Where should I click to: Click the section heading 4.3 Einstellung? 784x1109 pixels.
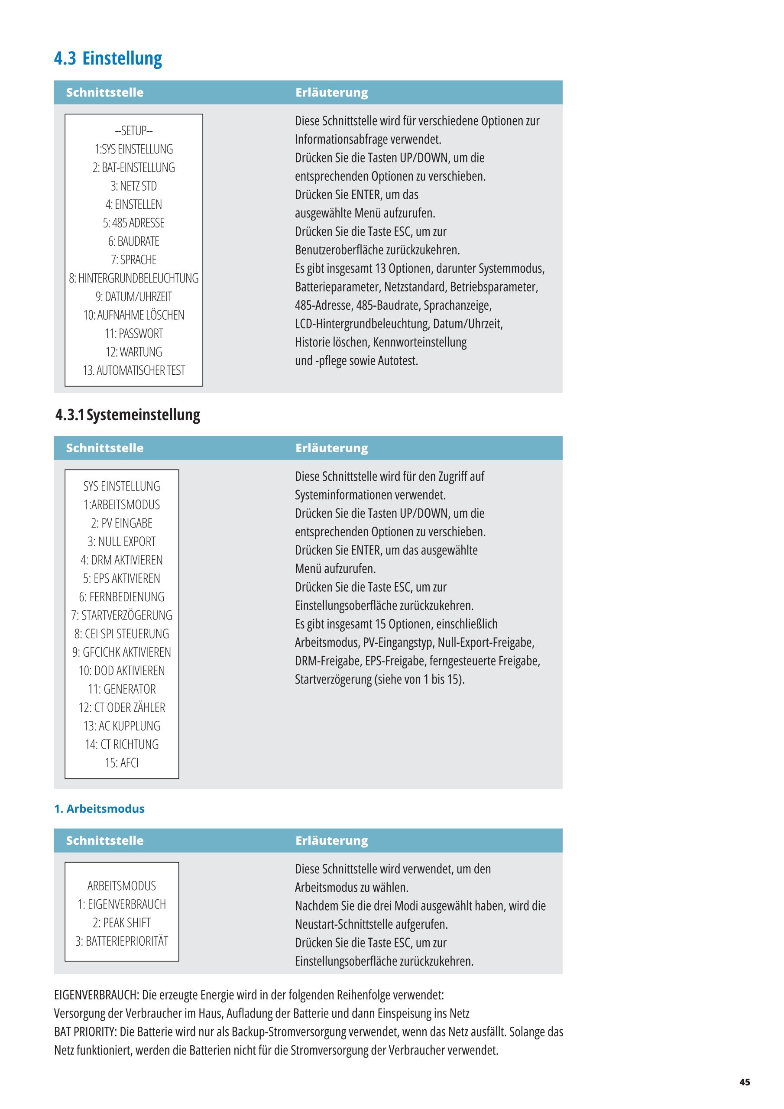[108, 58]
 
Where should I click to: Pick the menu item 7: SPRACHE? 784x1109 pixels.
[134, 260]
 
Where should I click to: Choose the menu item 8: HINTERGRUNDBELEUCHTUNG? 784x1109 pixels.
[134, 278]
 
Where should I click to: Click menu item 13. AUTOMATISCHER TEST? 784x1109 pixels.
[134, 370]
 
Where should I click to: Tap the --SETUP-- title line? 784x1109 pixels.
[134, 131]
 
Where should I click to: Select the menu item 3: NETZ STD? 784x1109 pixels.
[134, 186]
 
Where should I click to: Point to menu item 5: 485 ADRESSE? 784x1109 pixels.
[134, 223]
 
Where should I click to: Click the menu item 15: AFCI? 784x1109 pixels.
[122, 763]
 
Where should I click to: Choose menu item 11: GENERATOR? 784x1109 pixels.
[122, 689]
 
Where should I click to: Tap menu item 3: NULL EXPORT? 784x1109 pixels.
[122, 542]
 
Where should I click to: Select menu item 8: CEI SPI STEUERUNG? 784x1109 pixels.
[122, 634]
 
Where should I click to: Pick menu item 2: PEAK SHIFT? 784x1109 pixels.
[122, 923]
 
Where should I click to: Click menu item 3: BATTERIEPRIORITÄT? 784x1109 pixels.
[122, 941]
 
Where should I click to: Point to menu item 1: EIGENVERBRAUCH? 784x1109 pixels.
[122, 904]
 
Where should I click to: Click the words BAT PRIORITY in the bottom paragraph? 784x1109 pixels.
[85, 1032]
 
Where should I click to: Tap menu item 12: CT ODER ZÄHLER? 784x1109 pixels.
[122, 707]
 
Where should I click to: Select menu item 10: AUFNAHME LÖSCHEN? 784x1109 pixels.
[134, 315]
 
